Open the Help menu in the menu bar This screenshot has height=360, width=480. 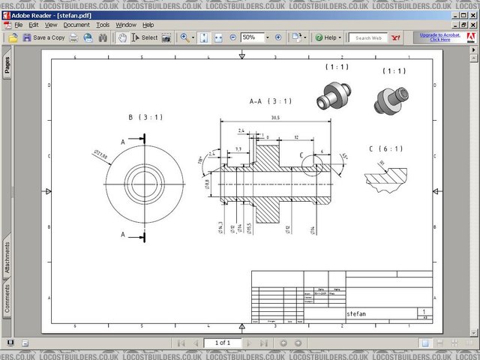coord(148,25)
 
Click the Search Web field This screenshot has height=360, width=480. coord(368,37)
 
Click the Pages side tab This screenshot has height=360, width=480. coord(7,66)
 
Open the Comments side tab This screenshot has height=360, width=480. coord(7,298)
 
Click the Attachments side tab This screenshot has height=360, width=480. coord(7,257)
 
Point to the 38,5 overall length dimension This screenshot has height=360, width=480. coord(275,118)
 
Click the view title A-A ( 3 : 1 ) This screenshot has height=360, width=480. coord(270,100)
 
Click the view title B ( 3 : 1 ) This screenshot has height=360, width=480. coord(145,117)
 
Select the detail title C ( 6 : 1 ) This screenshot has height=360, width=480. coord(386,148)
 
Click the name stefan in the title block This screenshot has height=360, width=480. coord(357,313)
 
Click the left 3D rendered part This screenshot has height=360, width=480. coord(334,96)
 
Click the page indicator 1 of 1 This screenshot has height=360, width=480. coord(223,343)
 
